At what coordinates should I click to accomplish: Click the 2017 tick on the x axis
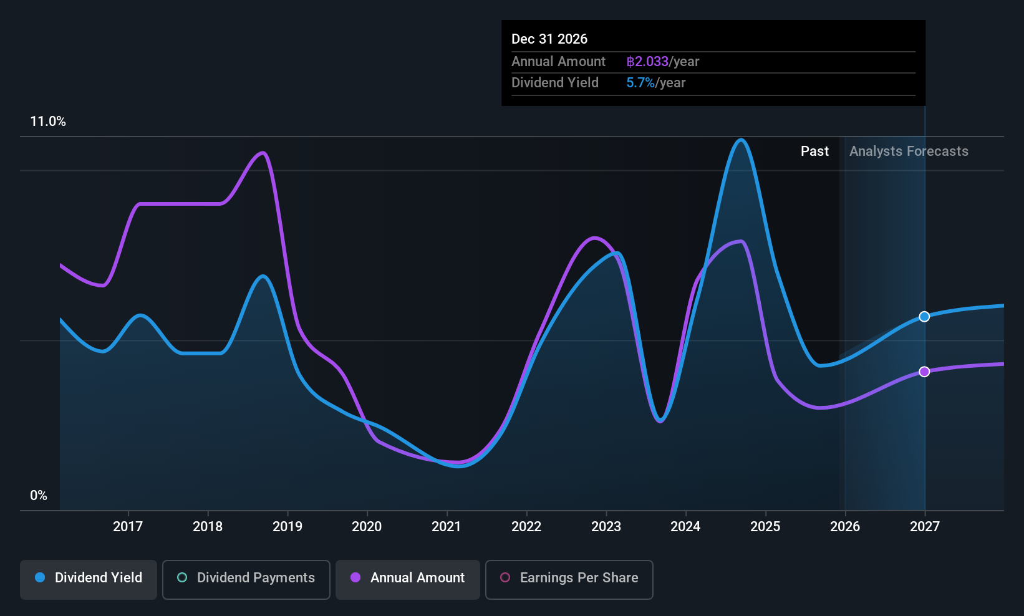(128, 526)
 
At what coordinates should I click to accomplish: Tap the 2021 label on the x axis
(447, 526)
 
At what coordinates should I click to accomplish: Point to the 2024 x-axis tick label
(685, 526)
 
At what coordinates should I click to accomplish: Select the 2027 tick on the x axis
(924, 526)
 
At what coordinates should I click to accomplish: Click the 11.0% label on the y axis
(48, 122)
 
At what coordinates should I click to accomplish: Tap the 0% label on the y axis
(39, 496)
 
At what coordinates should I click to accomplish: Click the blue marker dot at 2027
(924, 317)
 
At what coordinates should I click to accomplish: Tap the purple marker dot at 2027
(924, 372)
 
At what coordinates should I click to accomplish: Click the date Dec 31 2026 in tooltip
(549, 39)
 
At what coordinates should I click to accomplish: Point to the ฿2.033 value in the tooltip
(647, 62)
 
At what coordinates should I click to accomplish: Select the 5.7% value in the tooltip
(640, 83)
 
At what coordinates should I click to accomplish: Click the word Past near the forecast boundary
(814, 152)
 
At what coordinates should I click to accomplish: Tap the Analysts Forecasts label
(909, 152)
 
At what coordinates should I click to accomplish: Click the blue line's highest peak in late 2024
(741, 140)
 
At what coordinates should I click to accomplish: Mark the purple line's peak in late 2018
(263, 153)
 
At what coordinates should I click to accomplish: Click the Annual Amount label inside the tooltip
(558, 62)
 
